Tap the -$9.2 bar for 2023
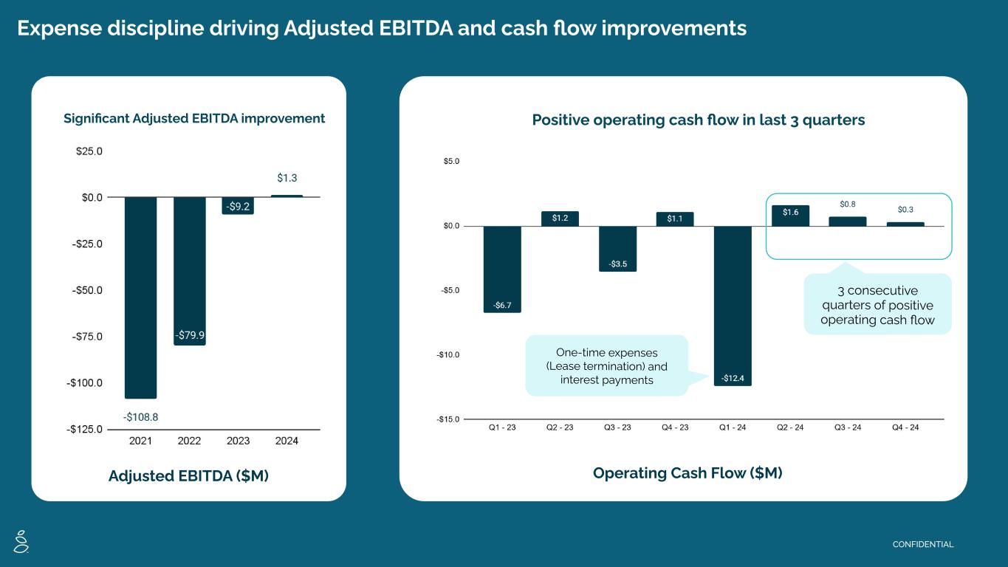point(238,206)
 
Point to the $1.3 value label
point(287,178)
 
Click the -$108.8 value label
point(140,416)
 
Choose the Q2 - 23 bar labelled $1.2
point(560,219)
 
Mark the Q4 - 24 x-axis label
point(905,427)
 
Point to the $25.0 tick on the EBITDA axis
point(89,151)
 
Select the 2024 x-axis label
point(287,441)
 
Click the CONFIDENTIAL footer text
point(923,545)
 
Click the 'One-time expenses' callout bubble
point(606,365)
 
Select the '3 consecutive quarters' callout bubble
point(877,305)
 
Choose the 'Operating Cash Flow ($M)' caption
point(687,473)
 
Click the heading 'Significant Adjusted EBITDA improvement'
point(194,118)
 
